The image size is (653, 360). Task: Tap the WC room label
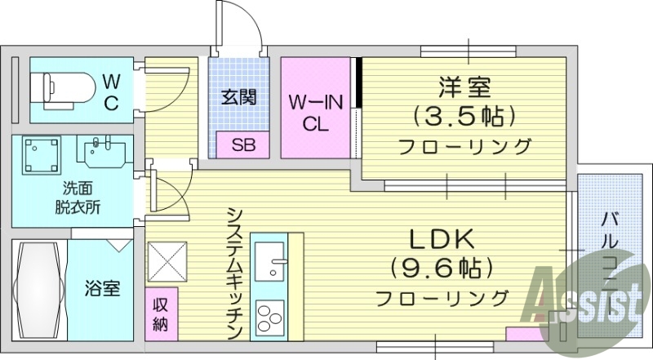point(111,91)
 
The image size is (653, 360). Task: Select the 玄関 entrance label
point(239,97)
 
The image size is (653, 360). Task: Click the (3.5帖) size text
point(464,117)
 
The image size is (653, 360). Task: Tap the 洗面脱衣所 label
point(73,197)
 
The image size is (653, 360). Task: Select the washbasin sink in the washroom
point(103,152)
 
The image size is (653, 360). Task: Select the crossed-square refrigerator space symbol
point(167,262)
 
